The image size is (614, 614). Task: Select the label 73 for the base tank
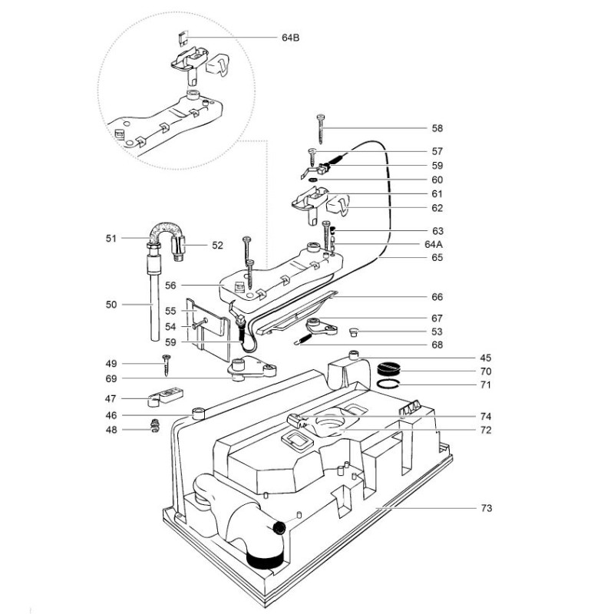point(487,508)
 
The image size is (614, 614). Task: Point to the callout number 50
point(112,305)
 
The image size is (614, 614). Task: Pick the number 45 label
point(487,358)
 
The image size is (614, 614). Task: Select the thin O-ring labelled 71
point(391,384)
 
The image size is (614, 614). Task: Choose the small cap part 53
point(354,332)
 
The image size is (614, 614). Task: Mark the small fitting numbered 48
point(153,425)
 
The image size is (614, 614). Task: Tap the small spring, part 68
point(305,338)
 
